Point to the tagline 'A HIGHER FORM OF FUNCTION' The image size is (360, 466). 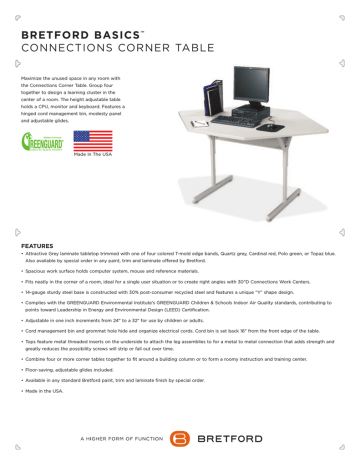pos(115,437)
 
